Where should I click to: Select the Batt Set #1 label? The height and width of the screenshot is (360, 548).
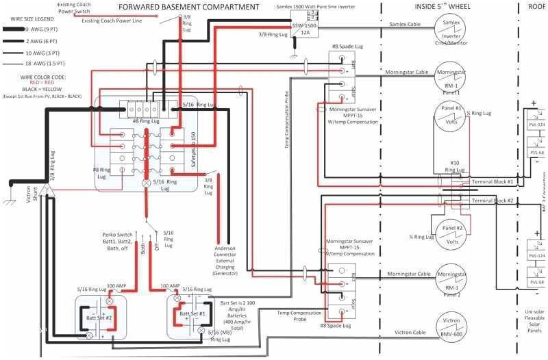point(195,313)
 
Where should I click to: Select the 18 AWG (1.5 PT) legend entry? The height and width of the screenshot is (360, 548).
point(45,64)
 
